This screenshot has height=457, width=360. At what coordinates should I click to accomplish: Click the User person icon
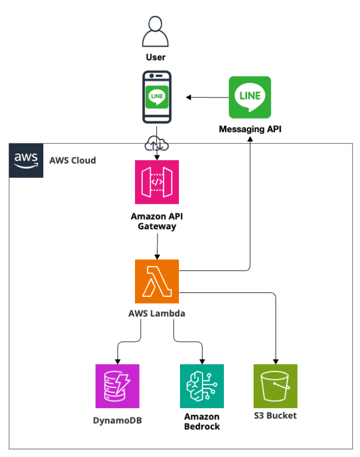[156, 32]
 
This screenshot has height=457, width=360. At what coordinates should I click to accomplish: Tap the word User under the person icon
[156, 57]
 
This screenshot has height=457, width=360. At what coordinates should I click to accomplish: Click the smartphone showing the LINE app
[156, 97]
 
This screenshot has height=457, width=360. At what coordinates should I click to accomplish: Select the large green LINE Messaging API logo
[250, 97]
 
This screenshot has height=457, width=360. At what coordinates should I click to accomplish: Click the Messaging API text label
[250, 129]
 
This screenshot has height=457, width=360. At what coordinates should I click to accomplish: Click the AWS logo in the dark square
[26, 160]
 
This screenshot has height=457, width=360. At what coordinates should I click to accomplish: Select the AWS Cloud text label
[73, 160]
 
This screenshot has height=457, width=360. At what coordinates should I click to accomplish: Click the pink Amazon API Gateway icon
[157, 182]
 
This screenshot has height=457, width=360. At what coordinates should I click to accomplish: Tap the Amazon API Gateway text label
[157, 221]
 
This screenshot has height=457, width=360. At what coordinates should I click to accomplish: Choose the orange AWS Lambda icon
[157, 281]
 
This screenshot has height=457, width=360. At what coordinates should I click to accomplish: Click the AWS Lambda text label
[157, 314]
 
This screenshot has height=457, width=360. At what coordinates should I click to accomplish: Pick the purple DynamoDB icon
[118, 386]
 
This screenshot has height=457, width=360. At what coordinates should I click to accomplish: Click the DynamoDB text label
[118, 419]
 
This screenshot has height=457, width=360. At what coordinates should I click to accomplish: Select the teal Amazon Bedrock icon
[202, 386]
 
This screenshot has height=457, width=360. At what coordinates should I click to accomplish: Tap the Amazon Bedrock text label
[202, 422]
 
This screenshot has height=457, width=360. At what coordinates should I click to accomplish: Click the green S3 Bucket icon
[275, 386]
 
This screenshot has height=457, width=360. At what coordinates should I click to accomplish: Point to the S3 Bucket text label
[275, 416]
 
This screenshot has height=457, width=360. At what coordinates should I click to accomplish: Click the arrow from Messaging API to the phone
[207, 98]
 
